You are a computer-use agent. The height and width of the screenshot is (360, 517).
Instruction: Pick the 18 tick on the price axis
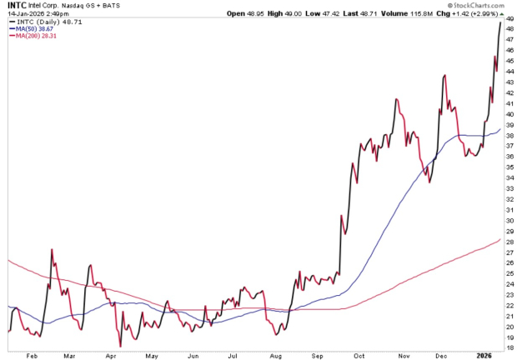tap(509, 348)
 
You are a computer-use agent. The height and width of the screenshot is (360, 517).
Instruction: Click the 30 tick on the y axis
tap(509, 220)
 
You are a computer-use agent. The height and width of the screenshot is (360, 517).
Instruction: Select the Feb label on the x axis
tap(33, 354)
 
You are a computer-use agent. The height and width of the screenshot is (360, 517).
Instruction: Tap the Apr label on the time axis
tap(111, 354)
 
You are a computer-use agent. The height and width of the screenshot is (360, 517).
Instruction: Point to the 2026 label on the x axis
tap(484, 354)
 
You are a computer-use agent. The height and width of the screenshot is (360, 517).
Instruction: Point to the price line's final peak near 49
tap(500, 22)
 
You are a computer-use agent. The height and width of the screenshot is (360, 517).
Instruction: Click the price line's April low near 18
tap(120, 345)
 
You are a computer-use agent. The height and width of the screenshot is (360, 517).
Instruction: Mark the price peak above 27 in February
tap(53, 249)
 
